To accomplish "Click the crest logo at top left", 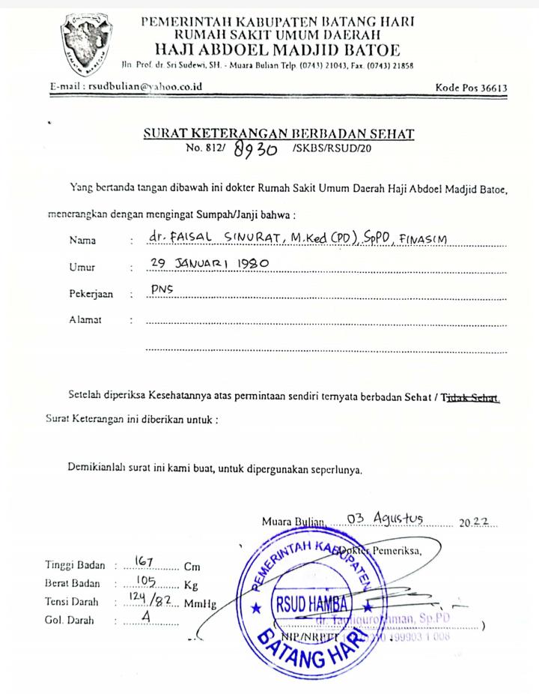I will pos(86,41).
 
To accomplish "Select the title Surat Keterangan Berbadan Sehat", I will pos(278,134).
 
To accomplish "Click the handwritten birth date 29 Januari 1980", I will pos(209,264).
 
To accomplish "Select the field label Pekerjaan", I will pos(91,295).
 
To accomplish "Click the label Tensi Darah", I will pos(74,602).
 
